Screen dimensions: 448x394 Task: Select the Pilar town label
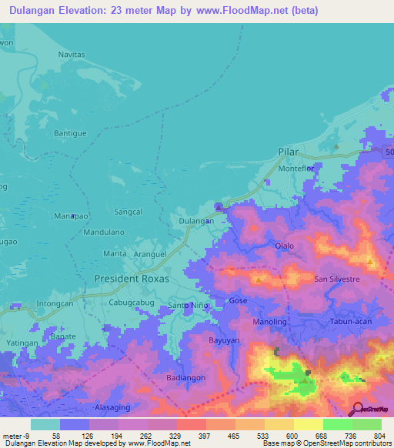tap(287, 152)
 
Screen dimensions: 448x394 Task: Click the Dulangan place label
tap(195, 221)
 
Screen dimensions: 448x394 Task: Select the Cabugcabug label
tap(132, 303)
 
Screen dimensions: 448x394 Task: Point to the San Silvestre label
tap(338, 279)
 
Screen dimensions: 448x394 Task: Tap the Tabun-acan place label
tap(352, 322)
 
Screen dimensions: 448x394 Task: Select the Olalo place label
tap(285, 246)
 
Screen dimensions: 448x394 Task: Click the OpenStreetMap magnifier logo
tap(356, 409)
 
